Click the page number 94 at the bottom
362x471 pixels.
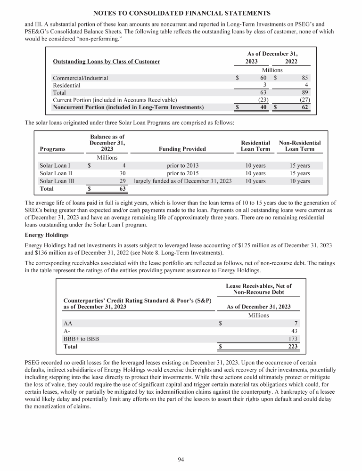tap(181, 459)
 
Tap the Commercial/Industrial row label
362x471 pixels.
tap(80, 78)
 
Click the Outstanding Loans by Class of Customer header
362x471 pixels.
tap(106, 61)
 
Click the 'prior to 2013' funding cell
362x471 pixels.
tap(183, 166)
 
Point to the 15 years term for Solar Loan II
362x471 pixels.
tap(300, 173)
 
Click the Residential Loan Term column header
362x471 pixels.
tap(255, 146)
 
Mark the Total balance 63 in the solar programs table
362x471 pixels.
tap(121, 189)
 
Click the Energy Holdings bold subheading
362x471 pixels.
tap(47, 235)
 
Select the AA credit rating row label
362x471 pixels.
tap(68, 323)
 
